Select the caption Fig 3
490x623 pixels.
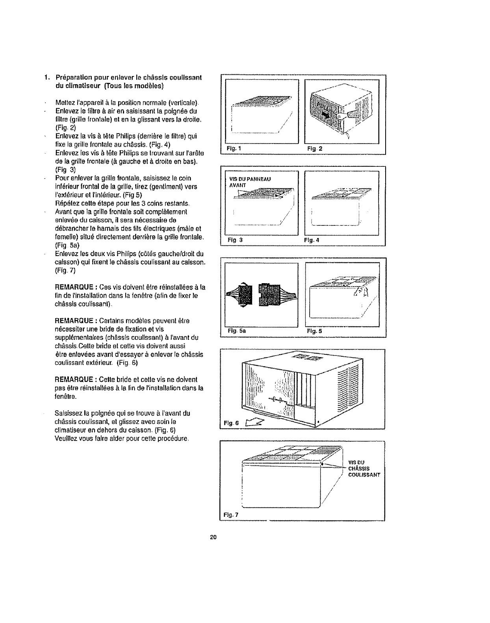click(233, 239)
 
